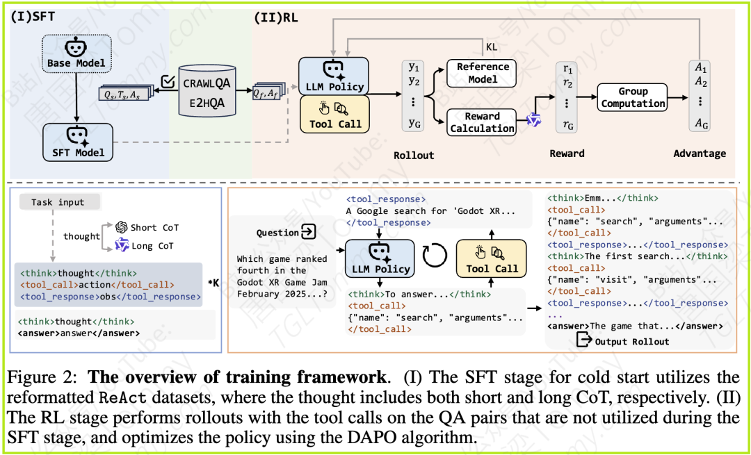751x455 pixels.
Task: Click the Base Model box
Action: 76,55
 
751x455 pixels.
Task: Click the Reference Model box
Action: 482,73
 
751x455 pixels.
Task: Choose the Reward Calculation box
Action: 482,122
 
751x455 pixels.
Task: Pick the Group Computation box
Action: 633,97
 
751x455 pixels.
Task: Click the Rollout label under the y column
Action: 414,155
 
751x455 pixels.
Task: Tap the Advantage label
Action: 699,154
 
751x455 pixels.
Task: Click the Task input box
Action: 58,202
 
